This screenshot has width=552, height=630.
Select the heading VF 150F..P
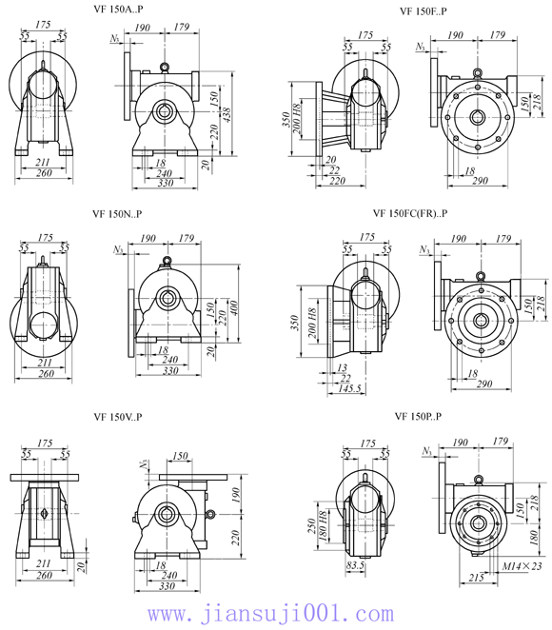(x=424, y=10)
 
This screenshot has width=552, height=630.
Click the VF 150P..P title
(x=418, y=417)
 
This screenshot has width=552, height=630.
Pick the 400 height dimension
(x=235, y=308)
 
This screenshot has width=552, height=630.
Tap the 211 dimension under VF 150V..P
(x=43, y=564)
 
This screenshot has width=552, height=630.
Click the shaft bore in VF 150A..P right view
(x=166, y=111)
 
